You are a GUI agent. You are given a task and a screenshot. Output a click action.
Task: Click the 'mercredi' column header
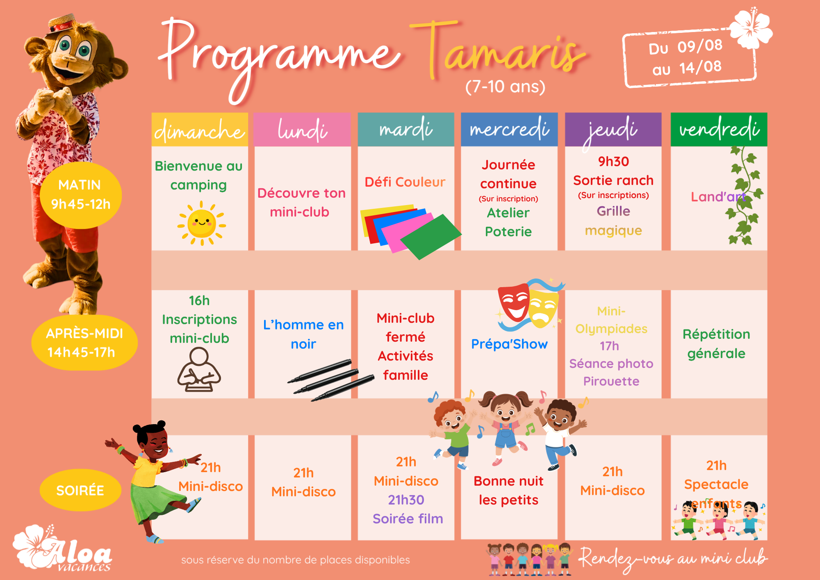pos(509,130)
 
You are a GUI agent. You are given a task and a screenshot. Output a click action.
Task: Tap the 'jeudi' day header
pos(613,130)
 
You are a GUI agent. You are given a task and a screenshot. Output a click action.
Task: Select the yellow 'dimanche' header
pos(200,130)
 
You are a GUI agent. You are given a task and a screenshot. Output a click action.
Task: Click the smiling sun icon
pos(202,224)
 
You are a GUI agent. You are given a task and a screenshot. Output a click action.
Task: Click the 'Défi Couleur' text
pos(405,182)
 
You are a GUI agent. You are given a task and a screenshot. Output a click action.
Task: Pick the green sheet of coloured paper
pos(430,237)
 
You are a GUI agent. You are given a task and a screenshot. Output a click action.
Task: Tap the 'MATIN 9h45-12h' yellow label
pos(81,195)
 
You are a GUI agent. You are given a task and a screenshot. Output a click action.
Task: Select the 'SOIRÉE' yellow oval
pos(80,490)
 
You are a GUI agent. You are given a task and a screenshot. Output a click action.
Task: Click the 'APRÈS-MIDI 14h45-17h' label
pos(84,343)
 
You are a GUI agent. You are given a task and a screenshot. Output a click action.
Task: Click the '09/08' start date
pos(700,46)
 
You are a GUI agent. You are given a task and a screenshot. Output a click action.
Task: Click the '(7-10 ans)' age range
pos(505,87)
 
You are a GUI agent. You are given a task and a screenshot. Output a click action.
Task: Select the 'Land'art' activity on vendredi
pos(718,197)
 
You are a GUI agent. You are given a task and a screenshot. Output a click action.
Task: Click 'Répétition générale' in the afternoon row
pos(716,344)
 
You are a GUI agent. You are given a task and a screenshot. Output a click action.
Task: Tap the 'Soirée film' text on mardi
pos(408,519)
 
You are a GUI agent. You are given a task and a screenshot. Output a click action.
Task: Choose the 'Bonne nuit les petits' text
pos(508,491)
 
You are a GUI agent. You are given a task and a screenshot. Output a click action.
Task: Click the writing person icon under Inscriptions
pos(199,370)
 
